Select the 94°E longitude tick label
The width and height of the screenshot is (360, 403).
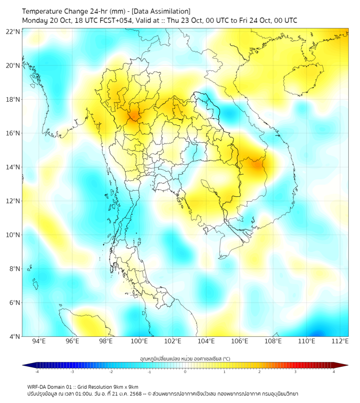point(39,341)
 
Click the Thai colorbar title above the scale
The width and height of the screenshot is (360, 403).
point(185,358)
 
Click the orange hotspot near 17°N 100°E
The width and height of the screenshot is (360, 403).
point(133,115)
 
